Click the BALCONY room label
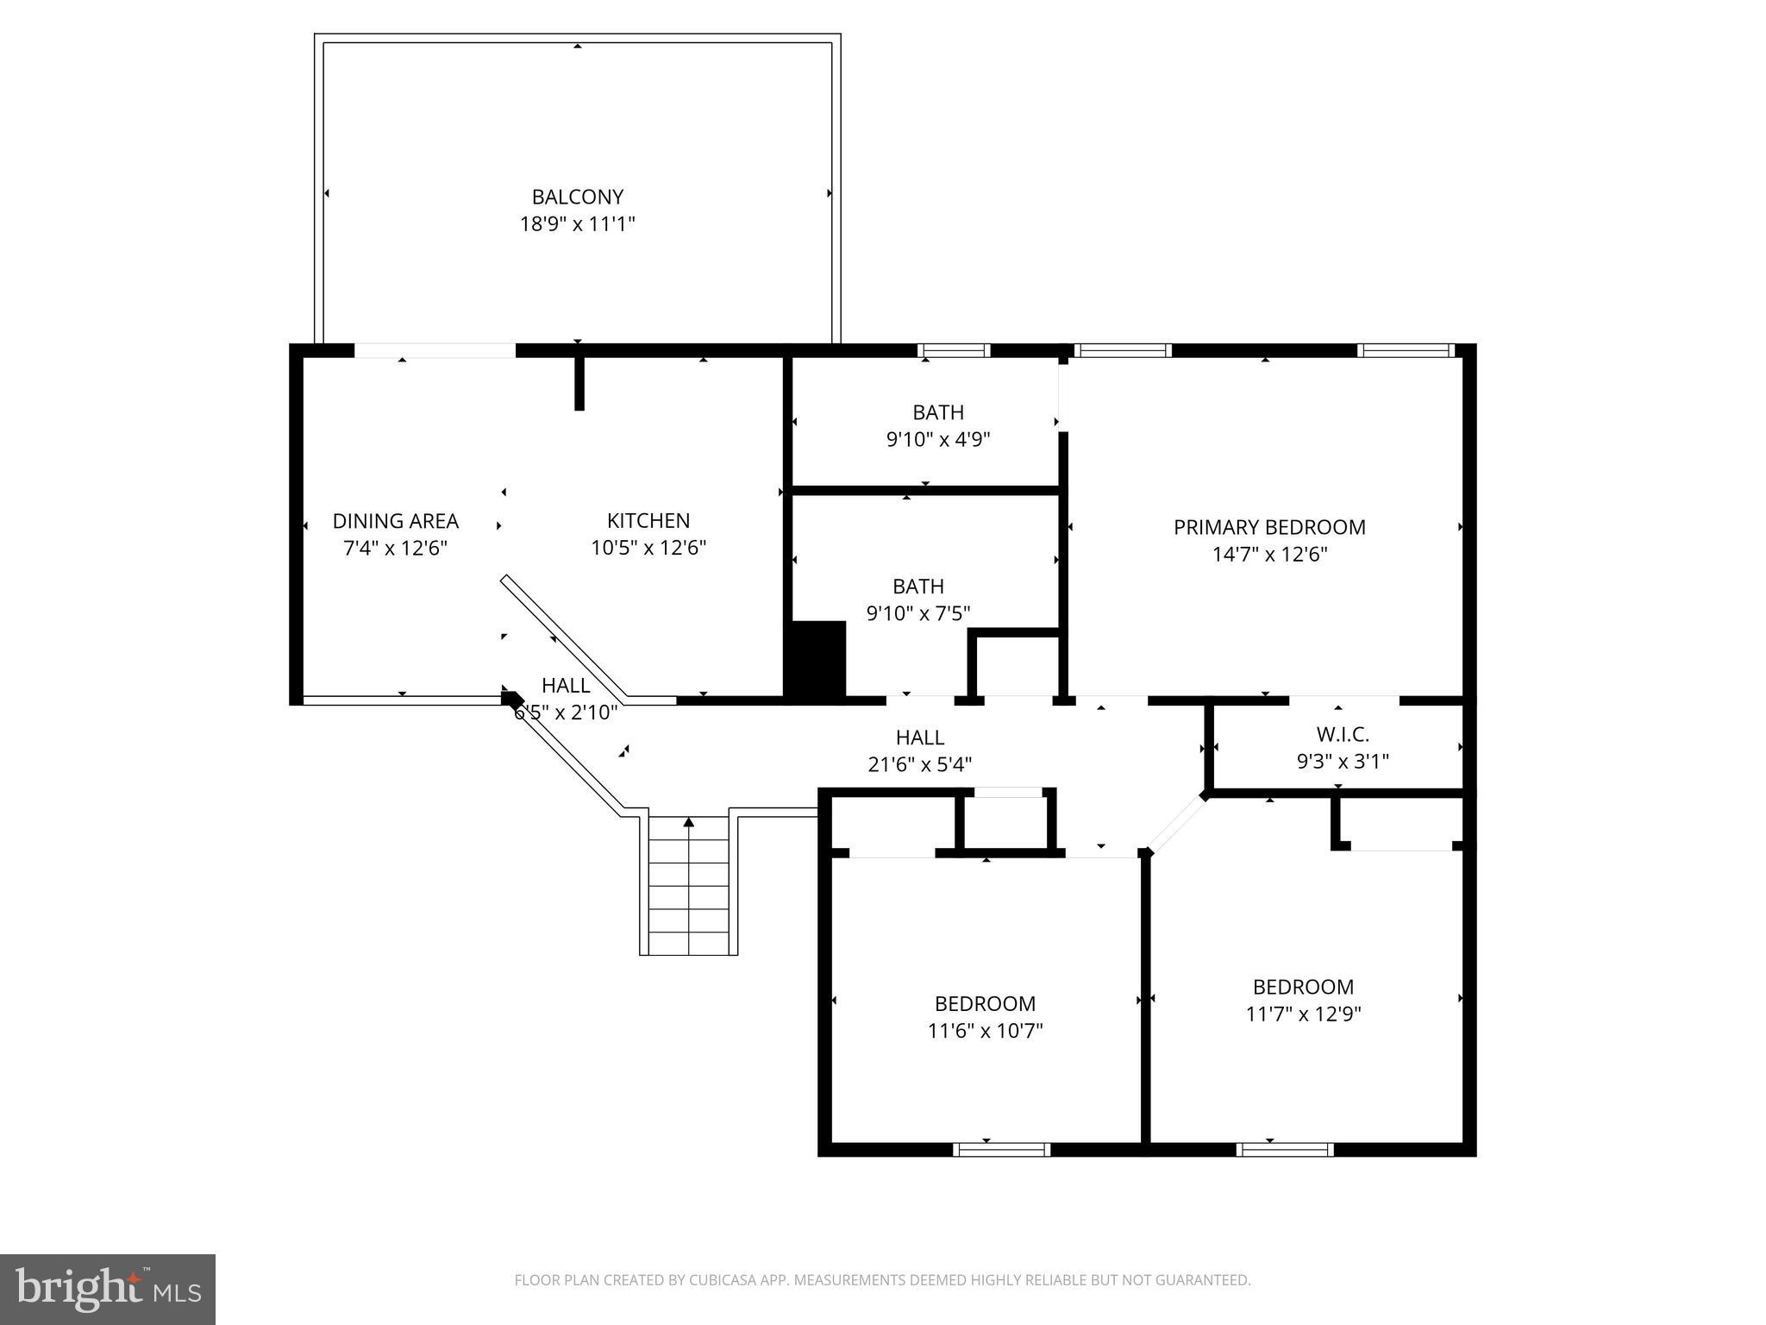point(577,197)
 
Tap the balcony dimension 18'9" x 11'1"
point(577,224)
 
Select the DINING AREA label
point(395,521)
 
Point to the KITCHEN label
point(648,521)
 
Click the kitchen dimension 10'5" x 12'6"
point(648,548)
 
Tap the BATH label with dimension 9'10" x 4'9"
point(937,412)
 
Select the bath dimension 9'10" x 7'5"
point(917,613)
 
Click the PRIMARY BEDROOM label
point(1268,527)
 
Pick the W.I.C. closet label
point(1342,735)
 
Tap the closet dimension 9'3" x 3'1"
point(1342,762)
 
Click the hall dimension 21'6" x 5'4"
point(919,764)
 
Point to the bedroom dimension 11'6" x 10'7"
point(985,1031)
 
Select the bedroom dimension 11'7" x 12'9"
point(1302,1014)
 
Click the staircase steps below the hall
point(688,897)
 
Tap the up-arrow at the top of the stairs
point(688,823)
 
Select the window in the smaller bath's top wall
point(953,350)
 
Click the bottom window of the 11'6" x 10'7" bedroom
point(1001,1149)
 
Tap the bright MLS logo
point(108,1289)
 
